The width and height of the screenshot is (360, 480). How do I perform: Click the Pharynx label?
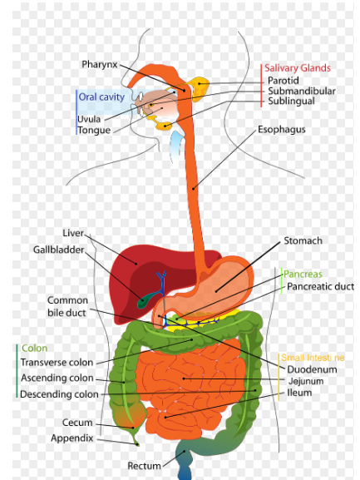tap(100, 65)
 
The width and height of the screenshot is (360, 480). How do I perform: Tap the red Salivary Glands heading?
tap(298, 68)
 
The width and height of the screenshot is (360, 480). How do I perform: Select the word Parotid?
tap(284, 81)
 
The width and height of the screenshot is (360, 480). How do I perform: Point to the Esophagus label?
tap(281, 130)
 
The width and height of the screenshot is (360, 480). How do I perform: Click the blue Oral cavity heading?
tap(101, 97)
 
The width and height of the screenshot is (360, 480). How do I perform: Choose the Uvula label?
tap(89, 119)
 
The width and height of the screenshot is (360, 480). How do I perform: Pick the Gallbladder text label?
tap(58, 250)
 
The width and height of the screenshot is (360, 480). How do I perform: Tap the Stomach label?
tap(303, 240)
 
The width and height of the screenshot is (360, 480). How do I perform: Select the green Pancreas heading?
tap(303, 274)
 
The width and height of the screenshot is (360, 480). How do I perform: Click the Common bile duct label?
tap(67, 306)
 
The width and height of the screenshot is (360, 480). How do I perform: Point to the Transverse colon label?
tap(57, 363)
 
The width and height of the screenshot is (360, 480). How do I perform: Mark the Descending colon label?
tap(59, 394)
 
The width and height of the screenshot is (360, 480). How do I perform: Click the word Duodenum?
tap(312, 369)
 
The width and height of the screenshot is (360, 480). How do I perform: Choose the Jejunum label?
tap(306, 382)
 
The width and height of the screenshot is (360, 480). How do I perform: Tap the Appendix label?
tap(72, 438)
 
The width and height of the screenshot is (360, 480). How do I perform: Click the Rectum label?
tap(144, 466)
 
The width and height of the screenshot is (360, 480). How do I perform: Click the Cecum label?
tap(77, 423)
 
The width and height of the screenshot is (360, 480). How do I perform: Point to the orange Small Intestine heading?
tap(313, 358)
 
